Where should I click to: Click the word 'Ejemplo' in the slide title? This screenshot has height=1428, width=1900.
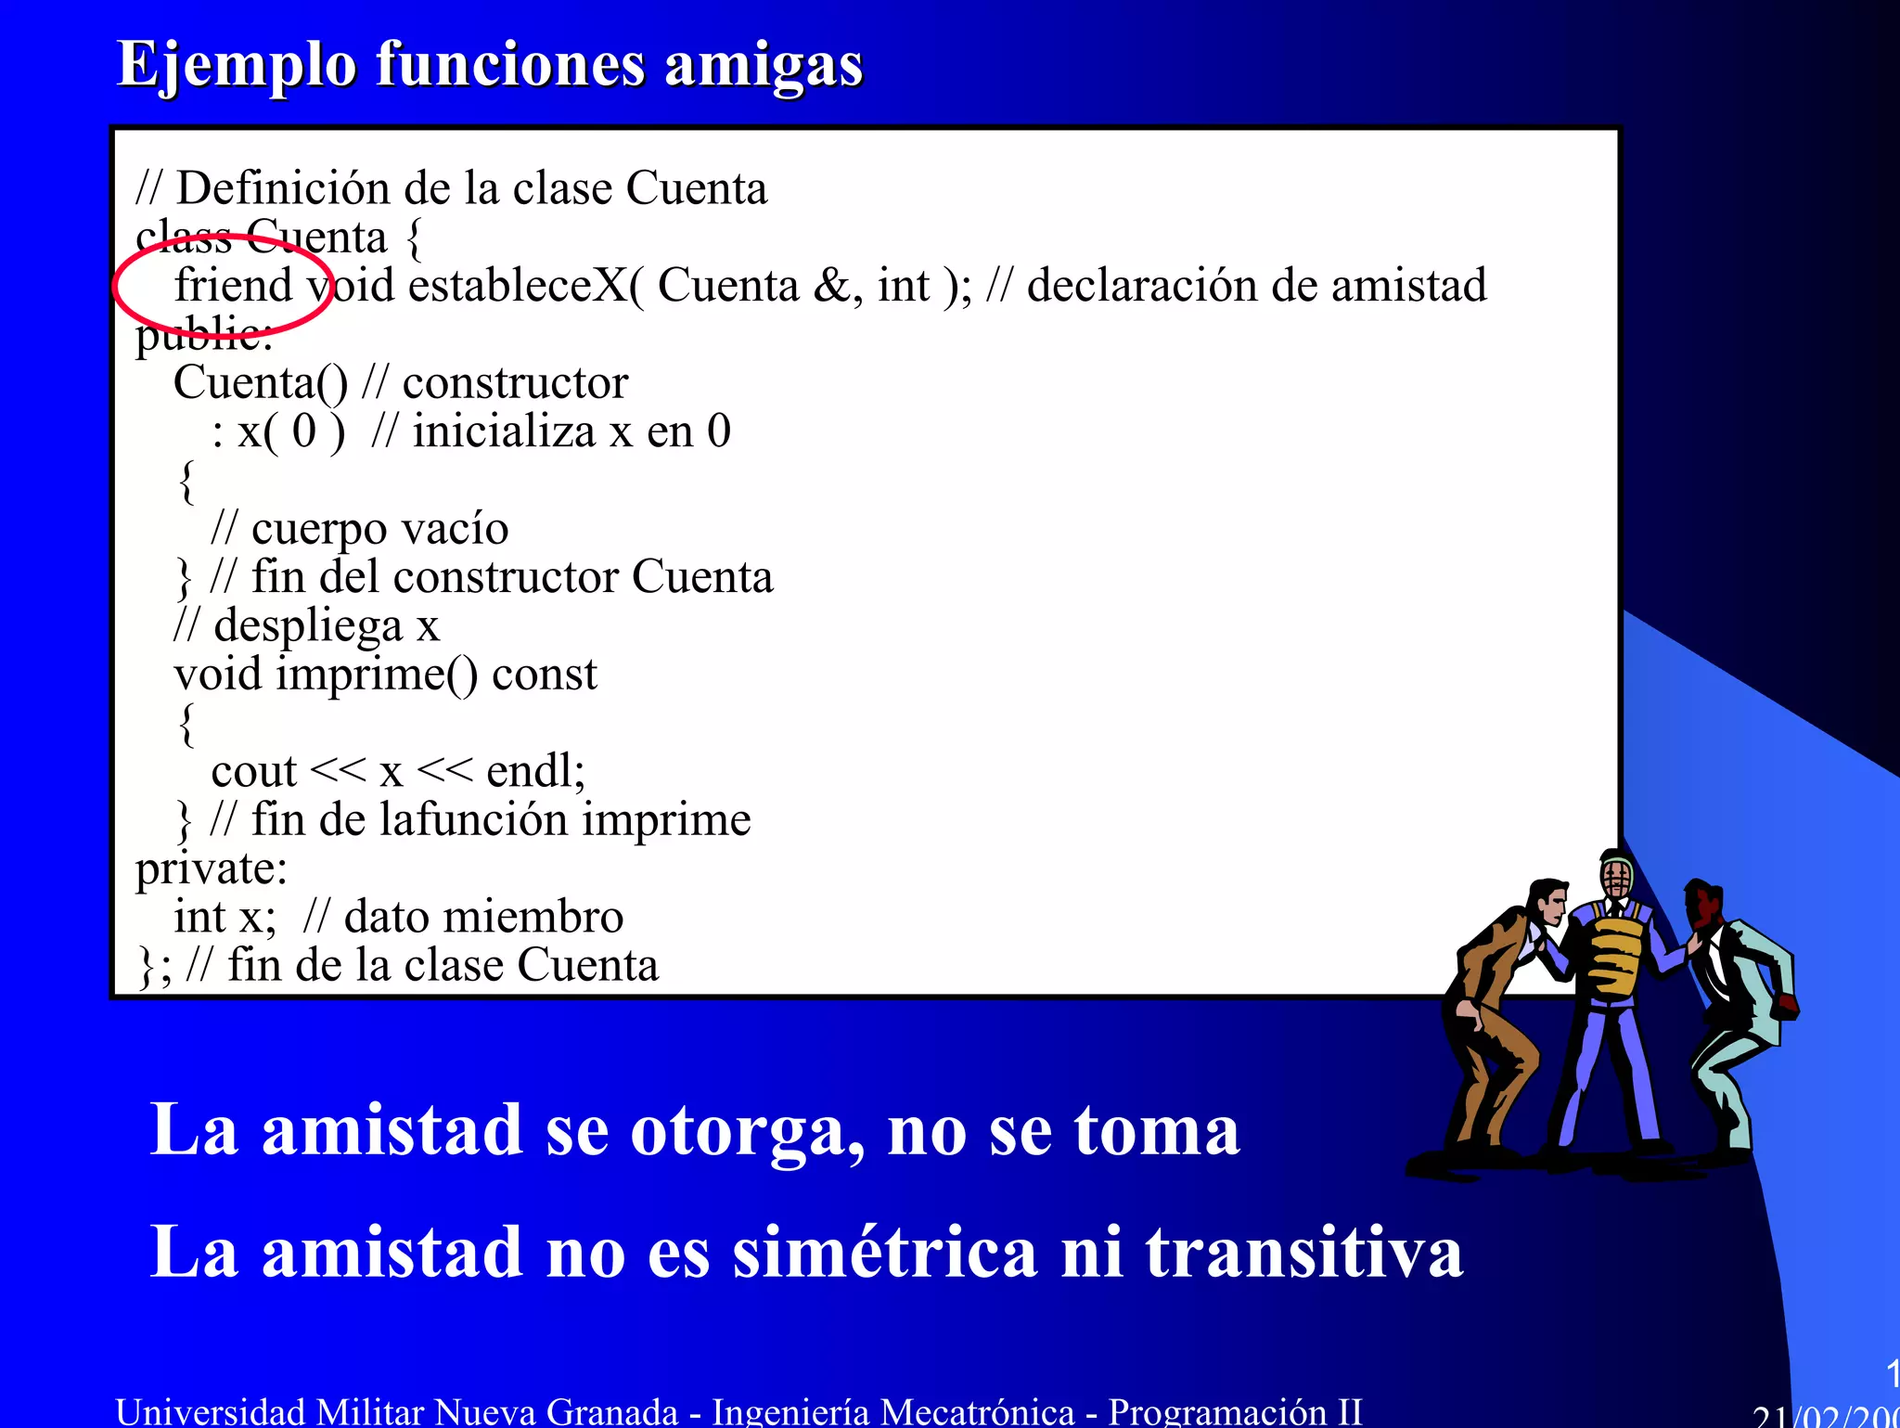coord(237,67)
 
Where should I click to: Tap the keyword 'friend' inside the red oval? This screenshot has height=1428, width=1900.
coord(233,285)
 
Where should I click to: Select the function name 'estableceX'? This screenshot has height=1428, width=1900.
coord(524,285)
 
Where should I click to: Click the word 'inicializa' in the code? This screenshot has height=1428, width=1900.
coord(503,431)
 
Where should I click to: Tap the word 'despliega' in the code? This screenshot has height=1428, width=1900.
coord(308,626)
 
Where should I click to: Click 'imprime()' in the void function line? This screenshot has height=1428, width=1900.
coord(377,675)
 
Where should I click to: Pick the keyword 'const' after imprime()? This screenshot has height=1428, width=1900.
coord(545,675)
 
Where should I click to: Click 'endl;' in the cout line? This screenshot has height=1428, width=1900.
coord(535,771)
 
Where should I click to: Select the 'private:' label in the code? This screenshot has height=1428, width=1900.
coord(212,869)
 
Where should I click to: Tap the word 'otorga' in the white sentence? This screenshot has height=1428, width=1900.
coord(748,1132)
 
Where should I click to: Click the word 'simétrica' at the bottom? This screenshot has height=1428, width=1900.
coord(884,1253)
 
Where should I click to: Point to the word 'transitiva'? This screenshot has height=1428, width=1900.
coord(1303,1253)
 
